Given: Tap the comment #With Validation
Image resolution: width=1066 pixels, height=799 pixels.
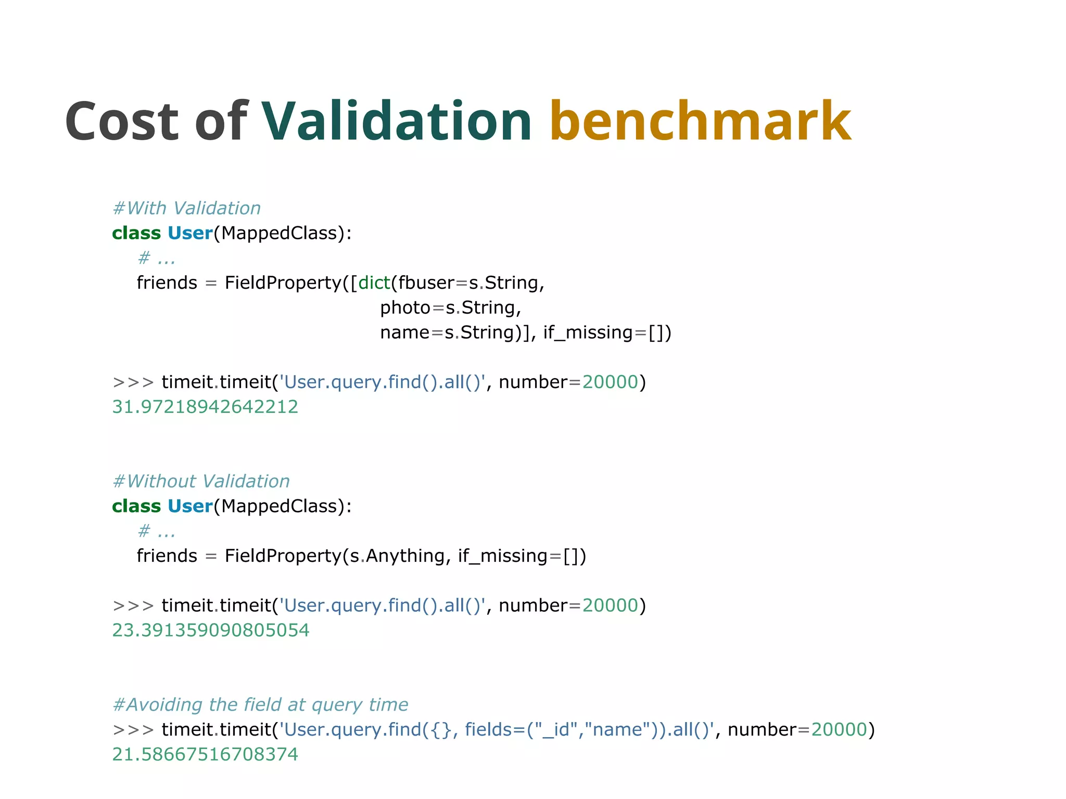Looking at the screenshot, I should pyautogui.click(x=186, y=208).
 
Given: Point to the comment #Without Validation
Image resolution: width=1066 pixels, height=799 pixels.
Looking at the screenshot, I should pyautogui.click(x=201, y=481).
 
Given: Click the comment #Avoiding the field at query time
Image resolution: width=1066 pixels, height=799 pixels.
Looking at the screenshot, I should pyautogui.click(x=260, y=704).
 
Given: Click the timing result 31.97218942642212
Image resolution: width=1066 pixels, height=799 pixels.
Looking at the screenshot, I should pyautogui.click(x=205, y=407).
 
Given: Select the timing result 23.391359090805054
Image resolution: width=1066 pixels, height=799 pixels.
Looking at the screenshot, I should pyautogui.click(x=211, y=630).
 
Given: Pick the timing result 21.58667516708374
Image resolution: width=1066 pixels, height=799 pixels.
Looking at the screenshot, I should pyautogui.click(x=205, y=754).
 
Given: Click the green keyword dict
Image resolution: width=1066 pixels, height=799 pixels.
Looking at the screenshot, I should pyautogui.click(x=374, y=283).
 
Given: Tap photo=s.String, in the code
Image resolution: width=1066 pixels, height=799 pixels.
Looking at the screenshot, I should pyautogui.click(x=450, y=308).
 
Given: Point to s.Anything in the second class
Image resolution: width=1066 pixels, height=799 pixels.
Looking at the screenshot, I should pyautogui.click(x=398, y=556).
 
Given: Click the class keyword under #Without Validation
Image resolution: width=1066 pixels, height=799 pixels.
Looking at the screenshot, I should pyautogui.click(x=136, y=506).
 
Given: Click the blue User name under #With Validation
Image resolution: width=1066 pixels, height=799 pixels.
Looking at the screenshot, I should pyautogui.click(x=190, y=233).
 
